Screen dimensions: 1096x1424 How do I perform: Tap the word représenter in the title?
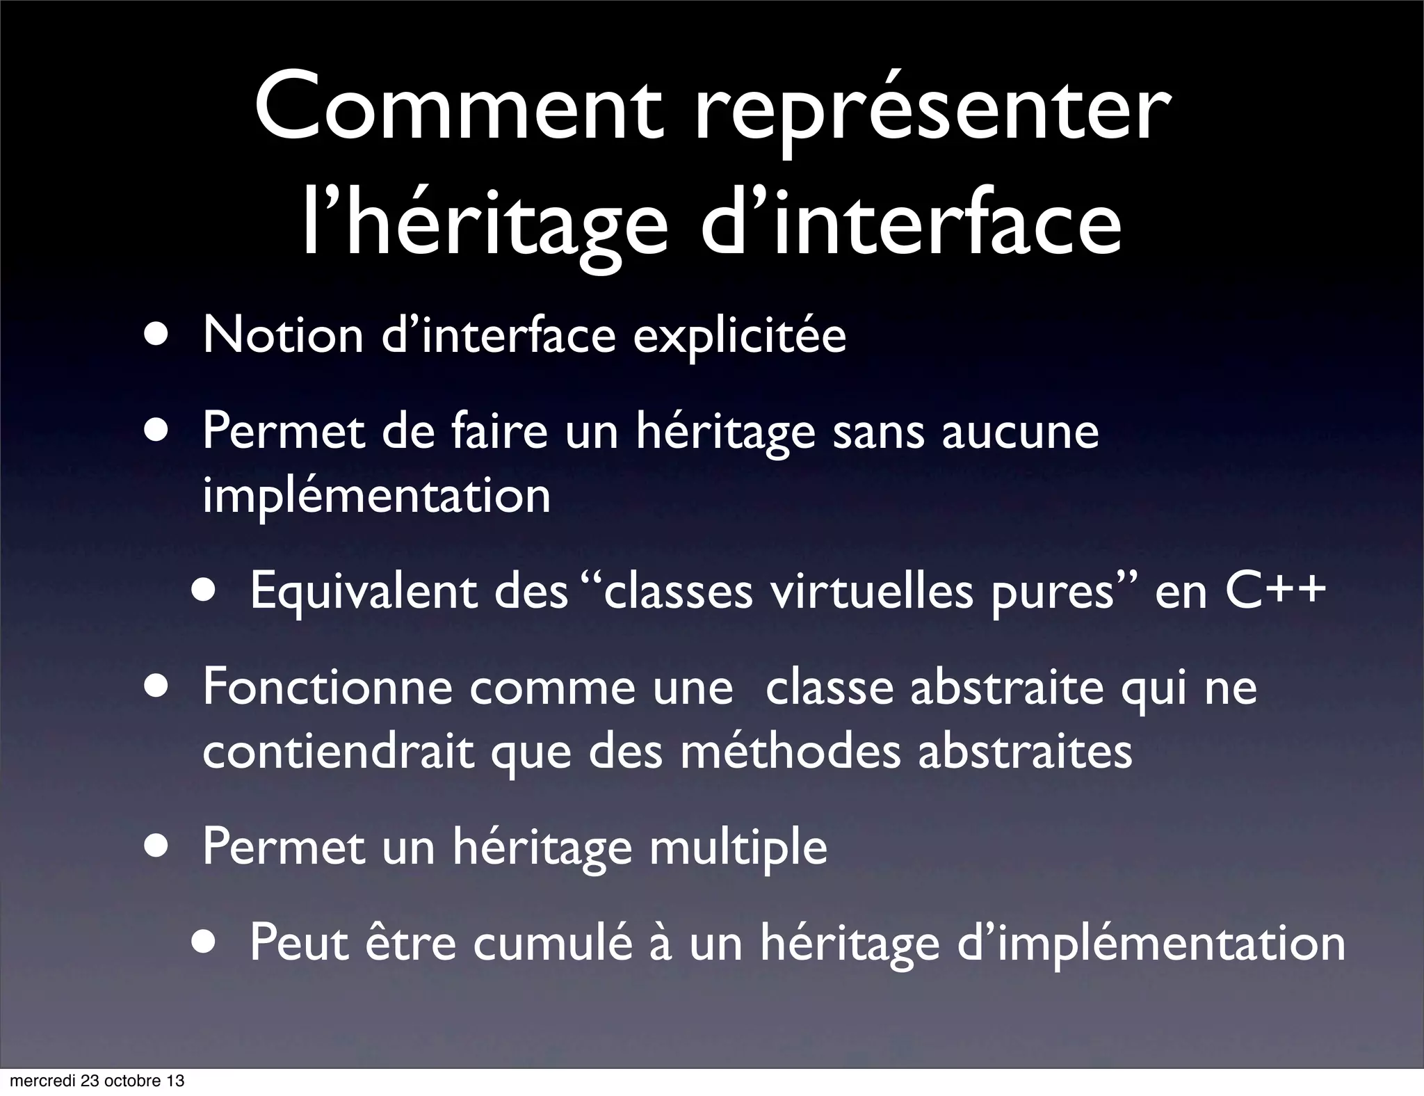[x=933, y=111]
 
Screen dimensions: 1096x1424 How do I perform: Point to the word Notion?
[x=283, y=335]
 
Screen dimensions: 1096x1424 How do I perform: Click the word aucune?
[x=1020, y=432]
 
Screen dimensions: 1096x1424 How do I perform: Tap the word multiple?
[x=738, y=848]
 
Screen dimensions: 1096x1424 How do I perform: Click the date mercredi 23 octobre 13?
[x=97, y=1081]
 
